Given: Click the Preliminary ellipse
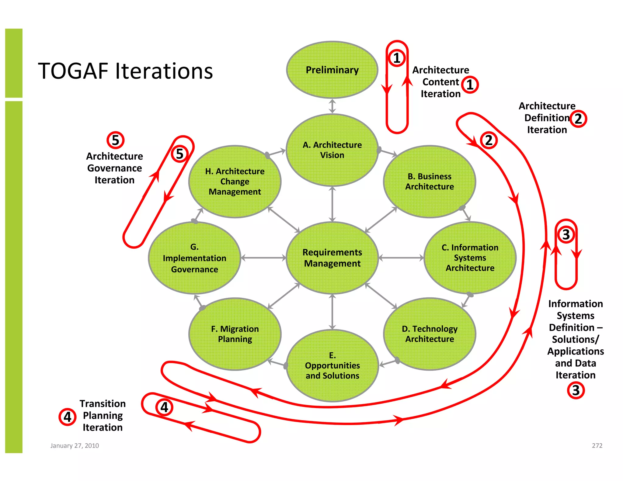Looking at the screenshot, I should click(x=332, y=70).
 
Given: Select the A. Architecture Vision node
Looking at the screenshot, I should click(x=332, y=150).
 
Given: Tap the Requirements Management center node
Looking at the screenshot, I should click(x=332, y=258).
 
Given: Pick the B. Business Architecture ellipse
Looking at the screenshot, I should click(x=430, y=182).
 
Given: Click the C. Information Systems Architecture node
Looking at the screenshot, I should click(x=470, y=258).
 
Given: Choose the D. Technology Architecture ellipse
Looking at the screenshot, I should click(x=430, y=334).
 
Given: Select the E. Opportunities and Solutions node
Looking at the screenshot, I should click(x=332, y=365).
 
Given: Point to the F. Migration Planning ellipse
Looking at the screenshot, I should click(x=235, y=334).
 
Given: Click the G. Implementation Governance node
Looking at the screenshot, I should click(x=194, y=258).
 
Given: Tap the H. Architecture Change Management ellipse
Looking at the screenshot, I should click(x=235, y=182).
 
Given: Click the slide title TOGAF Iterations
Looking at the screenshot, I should click(x=125, y=71).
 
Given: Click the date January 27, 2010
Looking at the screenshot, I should click(x=75, y=445).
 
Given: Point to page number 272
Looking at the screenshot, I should click(x=597, y=445).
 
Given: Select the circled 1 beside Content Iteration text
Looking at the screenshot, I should click(x=470, y=85).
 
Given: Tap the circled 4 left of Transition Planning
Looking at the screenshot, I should click(x=67, y=417).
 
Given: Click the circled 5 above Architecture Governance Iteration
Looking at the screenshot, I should click(x=115, y=140).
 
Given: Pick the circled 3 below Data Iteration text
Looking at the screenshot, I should click(x=576, y=390).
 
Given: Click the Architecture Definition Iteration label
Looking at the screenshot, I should click(x=547, y=118).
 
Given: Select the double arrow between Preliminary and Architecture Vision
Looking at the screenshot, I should click(x=332, y=106).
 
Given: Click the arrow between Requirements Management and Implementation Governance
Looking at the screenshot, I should click(x=263, y=258).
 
